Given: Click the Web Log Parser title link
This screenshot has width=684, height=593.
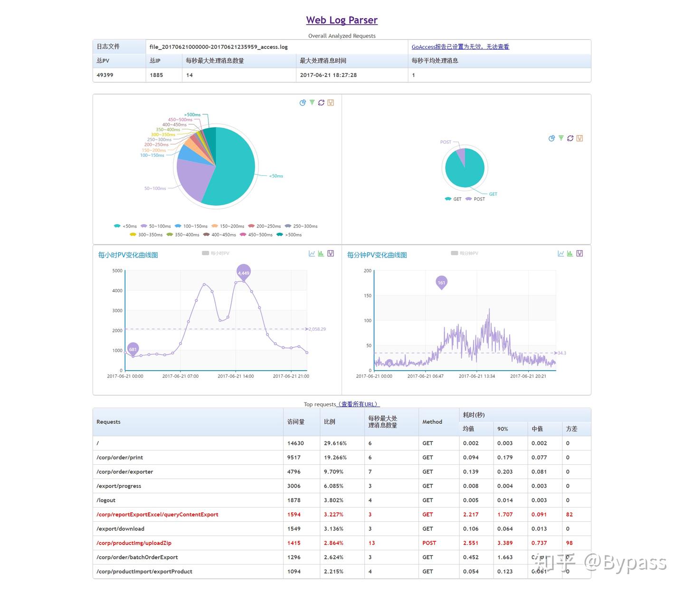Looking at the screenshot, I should tap(342, 20).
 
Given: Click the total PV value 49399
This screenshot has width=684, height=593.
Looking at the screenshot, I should tap(105, 75).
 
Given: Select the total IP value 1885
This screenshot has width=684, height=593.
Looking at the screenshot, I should tap(156, 75).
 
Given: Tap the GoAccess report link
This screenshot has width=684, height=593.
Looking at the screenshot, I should tap(460, 47).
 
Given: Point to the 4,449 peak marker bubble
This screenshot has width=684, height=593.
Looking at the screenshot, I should tap(243, 272).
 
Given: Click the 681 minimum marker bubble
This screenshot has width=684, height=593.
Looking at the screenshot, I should tap(133, 349).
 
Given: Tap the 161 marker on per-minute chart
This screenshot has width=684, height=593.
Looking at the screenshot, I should tap(441, 282).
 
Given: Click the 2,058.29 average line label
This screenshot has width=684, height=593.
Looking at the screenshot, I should tap(317, 329).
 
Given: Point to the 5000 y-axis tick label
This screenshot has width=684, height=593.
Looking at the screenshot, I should tap(117, 271).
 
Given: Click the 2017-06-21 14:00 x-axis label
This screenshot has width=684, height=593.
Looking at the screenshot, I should tap(236, 376).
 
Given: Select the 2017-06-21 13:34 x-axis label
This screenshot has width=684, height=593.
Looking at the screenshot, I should tap(476, 376).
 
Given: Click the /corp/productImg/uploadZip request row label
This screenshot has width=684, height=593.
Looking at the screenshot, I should tap(134, 543).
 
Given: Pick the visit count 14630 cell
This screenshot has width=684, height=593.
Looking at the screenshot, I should tap(295, 443).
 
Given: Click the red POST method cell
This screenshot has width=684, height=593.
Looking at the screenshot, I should tap(429, 543).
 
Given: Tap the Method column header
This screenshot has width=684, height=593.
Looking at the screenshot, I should tap(432, 422).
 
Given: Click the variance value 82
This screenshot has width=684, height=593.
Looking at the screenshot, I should tap(569, 515).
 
